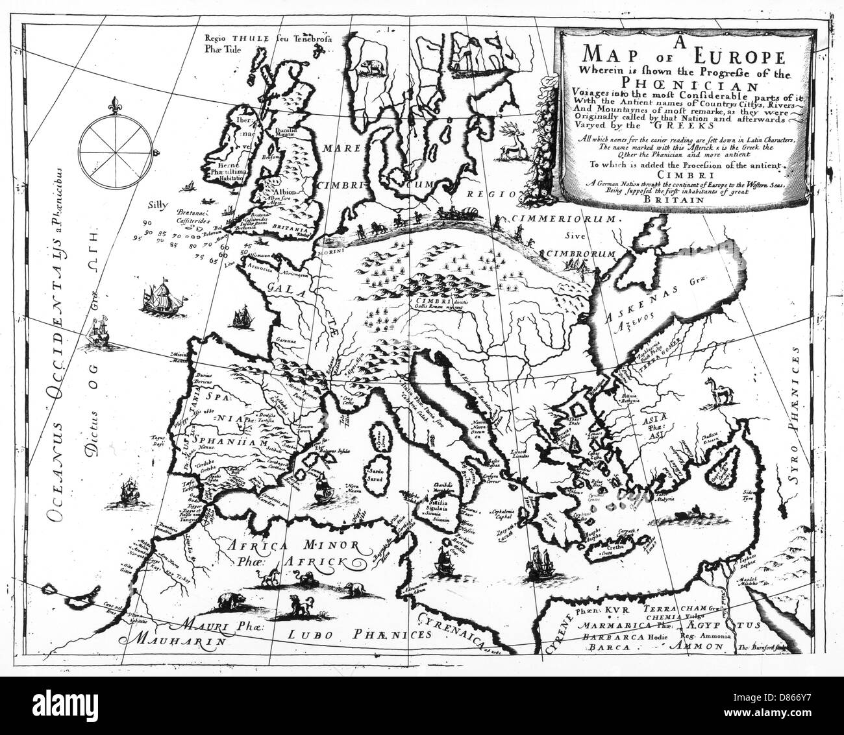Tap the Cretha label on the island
pos(612,549)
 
